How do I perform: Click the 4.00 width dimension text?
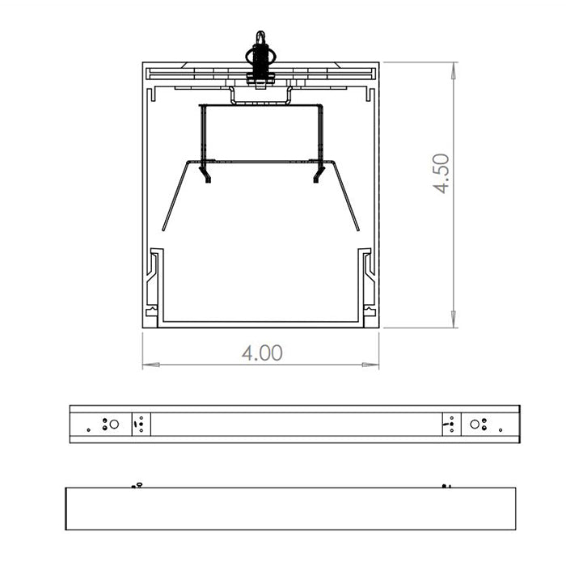(x=262, y=353)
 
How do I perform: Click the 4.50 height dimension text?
(x=441, y=173)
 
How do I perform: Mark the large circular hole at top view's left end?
(x=114, y=424)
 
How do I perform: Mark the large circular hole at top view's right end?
(x=475, y=424)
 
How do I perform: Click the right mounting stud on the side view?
(x=445, y=485)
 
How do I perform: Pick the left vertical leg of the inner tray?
(x=202, y=133)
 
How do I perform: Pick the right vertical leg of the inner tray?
(x=321, y=133)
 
